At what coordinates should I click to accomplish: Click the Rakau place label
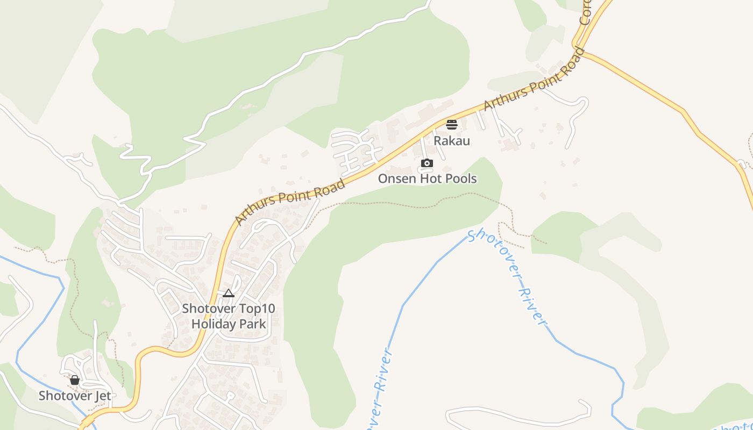point(452,141)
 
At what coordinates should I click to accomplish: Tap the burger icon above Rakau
point(452,125)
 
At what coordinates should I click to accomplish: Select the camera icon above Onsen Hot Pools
point(427,163)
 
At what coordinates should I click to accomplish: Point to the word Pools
point(460,178)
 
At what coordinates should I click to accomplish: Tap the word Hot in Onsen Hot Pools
point(430,178)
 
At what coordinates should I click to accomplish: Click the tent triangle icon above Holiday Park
point(229,293)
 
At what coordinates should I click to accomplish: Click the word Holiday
point(213,324)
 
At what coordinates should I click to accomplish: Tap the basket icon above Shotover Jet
point(75,380)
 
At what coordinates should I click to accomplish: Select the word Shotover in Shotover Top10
point(205,309)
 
